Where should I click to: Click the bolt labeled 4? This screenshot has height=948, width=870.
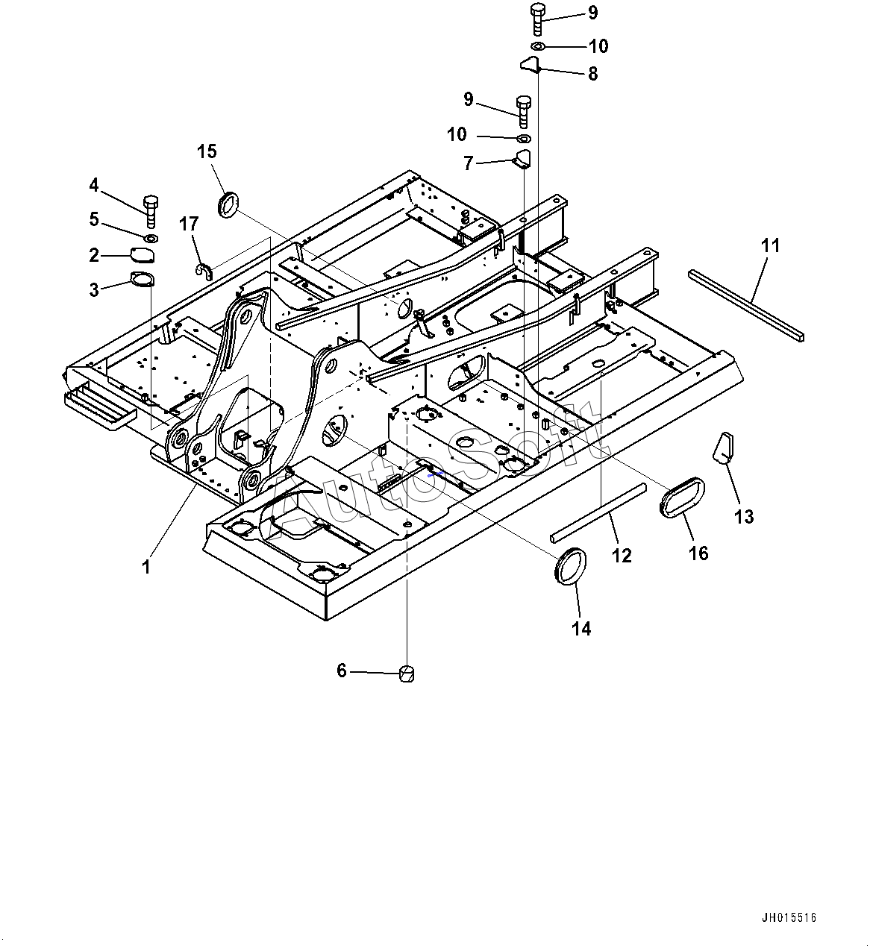151,211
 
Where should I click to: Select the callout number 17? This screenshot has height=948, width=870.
189,224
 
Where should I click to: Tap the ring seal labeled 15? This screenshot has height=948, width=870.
228,204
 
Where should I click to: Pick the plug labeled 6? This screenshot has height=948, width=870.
407,674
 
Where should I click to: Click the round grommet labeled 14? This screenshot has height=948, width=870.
572,566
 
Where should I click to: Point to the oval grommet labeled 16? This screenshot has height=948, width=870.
681,497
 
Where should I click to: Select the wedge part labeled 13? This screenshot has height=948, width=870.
724,447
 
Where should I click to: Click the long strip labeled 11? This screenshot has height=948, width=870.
747,305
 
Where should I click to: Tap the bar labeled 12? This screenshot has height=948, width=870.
598,512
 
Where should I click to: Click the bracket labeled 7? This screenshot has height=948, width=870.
522,160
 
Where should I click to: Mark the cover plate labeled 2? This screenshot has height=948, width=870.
143,255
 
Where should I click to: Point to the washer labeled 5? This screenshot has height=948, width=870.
151,238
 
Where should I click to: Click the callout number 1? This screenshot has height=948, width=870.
146,567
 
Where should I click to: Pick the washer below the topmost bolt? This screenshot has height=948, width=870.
538,45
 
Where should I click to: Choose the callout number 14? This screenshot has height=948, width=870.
581,629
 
